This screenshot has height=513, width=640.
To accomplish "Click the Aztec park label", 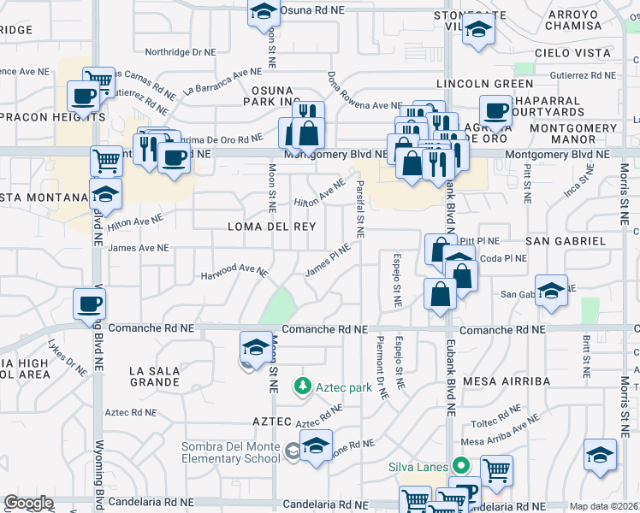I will point(341,387).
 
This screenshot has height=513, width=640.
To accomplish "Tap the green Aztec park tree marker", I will point(301,387).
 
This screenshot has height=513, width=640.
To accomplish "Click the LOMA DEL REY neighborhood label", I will point(271,227).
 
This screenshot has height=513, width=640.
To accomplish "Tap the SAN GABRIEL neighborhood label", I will point(566,241).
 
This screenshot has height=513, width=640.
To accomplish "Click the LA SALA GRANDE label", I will point(155,376).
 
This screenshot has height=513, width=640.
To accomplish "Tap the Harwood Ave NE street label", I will point(234,273).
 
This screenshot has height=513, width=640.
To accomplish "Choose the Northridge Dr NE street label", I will point(181,52).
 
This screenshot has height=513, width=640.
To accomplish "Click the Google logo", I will point(28,503).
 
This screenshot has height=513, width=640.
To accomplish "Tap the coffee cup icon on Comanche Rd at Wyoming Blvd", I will point(90,304).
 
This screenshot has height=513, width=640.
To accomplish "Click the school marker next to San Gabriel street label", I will point(551,289).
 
